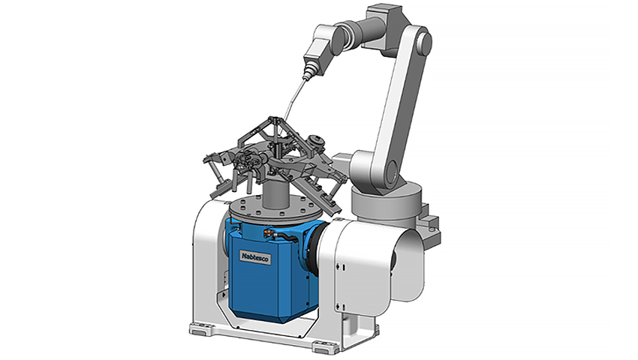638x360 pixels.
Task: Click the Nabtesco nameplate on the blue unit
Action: pyautogui.click(x=254, y=257)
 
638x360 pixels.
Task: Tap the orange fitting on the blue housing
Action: pyautogui.click(x=267, y=232)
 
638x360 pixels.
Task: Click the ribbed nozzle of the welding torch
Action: pyautogui.click(x=308, y=70)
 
